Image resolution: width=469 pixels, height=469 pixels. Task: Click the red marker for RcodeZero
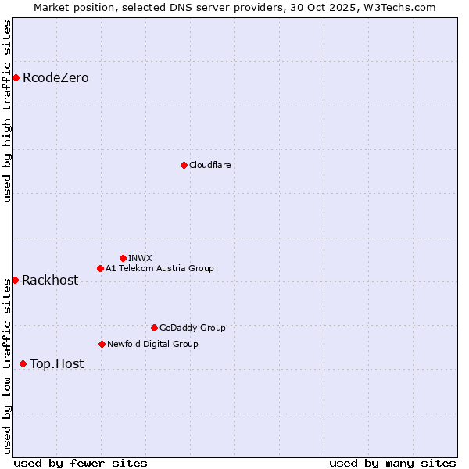coord(16,77)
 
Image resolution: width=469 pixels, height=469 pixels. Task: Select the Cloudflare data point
coord(184,165)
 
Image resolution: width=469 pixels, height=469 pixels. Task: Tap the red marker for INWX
coord(123,258)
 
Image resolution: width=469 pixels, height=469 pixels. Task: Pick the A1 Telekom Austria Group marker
coord(100,268)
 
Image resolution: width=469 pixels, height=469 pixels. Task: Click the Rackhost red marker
coord(15,280)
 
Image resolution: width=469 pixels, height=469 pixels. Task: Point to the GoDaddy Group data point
coord(154,328)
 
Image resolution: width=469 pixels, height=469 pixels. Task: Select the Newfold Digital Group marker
coord(102,344)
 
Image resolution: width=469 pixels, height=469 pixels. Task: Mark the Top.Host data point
coord(23,363)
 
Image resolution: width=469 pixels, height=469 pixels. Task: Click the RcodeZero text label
coord(55,77)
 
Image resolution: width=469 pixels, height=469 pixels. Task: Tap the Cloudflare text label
coord(209,165)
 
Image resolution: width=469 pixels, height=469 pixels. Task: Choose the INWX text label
coord(140,258)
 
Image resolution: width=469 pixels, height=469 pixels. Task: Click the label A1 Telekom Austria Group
coord(159,268)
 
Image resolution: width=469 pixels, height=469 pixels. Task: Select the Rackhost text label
coord(50,280)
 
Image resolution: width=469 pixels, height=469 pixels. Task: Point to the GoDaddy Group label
coord(192,328)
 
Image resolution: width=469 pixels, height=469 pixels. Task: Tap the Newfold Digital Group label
coord(152,344)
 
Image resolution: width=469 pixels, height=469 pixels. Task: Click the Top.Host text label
coord(56,363)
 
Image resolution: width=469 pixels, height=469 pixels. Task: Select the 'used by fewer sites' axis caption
coord(81,463)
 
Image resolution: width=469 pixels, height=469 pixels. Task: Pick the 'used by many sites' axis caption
coord(392,463)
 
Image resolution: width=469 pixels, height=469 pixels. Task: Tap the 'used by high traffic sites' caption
coord(7,111)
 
